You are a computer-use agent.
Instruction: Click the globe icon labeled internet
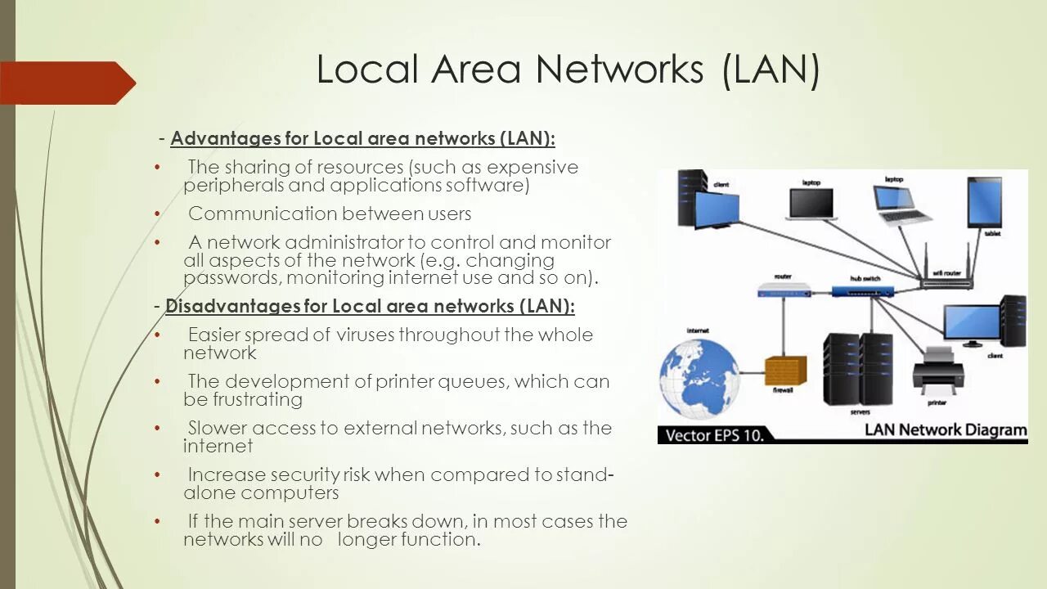699,379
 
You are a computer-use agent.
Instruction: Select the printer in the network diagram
937,372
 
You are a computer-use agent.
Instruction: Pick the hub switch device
864,290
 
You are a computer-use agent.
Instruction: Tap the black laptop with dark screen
810,205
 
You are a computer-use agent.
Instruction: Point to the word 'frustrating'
258,399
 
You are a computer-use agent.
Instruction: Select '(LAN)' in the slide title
771,69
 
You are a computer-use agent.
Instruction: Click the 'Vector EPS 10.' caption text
714,434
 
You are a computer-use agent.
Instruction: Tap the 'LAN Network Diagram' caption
945,430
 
